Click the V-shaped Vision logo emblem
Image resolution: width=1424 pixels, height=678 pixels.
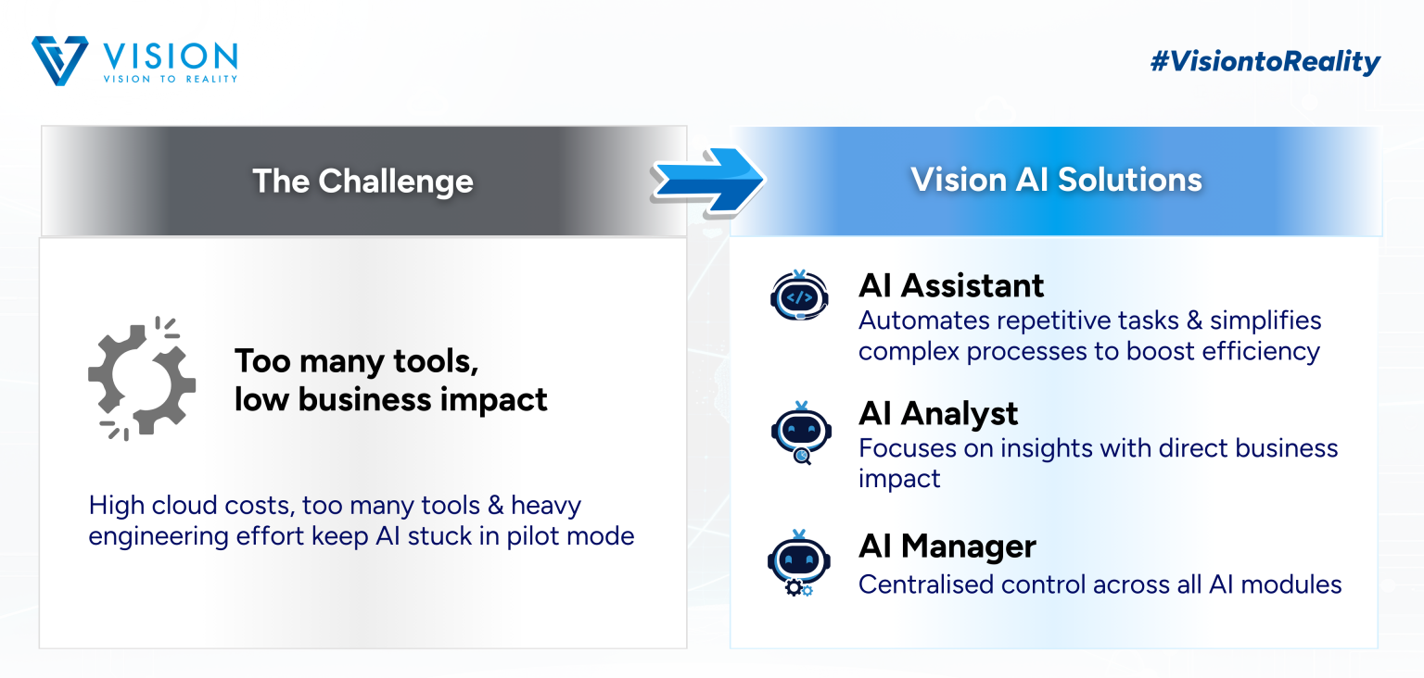59,60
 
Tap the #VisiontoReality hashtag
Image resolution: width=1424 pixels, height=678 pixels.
1265,61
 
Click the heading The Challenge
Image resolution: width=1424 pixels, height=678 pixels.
362,182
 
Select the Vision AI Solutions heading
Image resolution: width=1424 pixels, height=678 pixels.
1056,180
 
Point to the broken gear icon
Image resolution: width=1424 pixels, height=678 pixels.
142,379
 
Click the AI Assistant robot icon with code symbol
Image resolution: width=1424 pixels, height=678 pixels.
799,295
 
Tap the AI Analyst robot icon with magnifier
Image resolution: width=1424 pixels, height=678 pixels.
801,433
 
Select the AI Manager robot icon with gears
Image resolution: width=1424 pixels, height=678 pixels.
798,563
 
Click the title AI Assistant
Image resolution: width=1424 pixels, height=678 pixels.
951,285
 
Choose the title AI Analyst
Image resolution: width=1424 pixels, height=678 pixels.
938,414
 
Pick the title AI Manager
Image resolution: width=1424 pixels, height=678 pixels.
947,546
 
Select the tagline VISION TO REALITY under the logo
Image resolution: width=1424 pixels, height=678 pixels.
171,79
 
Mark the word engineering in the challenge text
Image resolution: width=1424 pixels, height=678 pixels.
159,537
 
